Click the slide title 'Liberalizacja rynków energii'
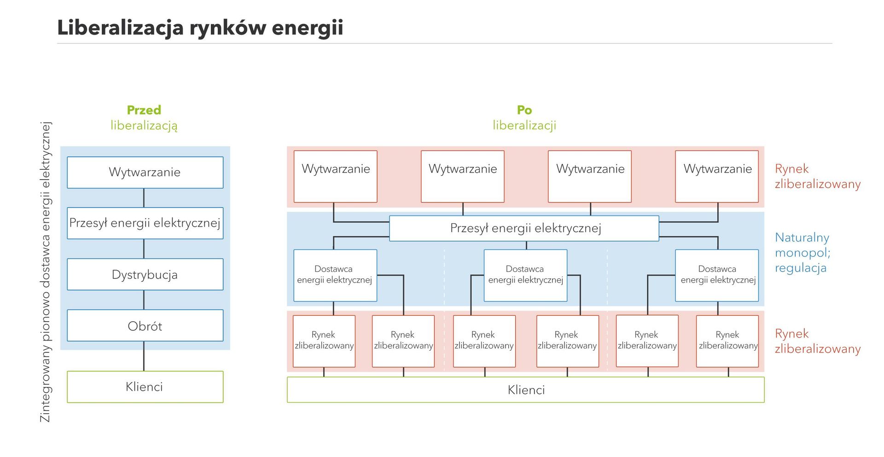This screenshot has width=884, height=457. tap(200, 28)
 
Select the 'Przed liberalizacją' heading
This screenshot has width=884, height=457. tap(144, 118)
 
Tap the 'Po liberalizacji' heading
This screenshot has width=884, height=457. tap(524, 118)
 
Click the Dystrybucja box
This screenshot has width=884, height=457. tap(145, 275)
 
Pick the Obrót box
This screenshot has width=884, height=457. tap(145, 326)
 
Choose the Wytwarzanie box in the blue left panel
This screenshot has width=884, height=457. tap(145, 173)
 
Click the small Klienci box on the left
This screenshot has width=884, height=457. tap(145, 387)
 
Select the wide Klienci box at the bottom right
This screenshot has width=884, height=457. tap(525, 390)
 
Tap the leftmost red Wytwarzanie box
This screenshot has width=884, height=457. tap(336, 177)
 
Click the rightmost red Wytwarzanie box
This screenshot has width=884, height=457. tap(717, 177)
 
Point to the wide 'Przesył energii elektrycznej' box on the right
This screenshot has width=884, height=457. tap(524, 228)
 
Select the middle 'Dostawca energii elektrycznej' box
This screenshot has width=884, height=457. tap(525, 275)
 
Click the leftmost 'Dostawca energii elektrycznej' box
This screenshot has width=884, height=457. tap(335, 275)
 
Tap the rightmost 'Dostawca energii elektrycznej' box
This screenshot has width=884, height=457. tap(717, 275)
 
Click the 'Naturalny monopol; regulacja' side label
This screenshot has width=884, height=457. tap(802, 253)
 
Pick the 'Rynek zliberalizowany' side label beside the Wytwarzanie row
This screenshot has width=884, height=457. tap(817, 176)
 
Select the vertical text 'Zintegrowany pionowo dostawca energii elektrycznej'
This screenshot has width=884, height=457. tap(46, 272)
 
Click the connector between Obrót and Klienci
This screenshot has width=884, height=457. tap(144, 356)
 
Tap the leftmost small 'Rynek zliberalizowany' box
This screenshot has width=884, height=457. tap(324, 341)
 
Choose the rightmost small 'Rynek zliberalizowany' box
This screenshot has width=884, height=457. tap(727, 341)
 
